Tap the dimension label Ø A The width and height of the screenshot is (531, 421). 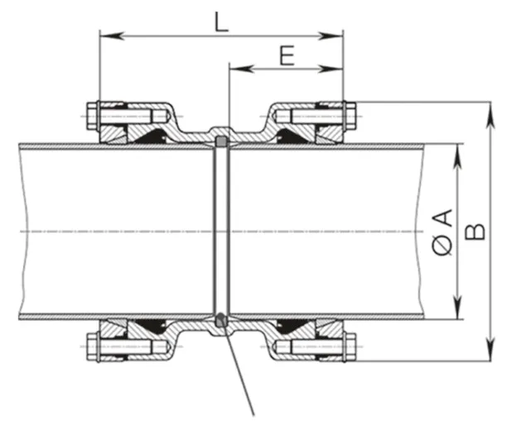click(443, 232)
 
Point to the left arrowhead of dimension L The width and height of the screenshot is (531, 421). click(105, 36)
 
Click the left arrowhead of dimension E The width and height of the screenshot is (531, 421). click(234, 69)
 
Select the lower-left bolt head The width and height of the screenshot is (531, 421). click(90, 345)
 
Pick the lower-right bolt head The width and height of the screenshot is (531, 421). click(350, 345)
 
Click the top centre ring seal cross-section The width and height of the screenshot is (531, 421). click(221, 141)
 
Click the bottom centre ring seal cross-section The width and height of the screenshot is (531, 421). click(221, 319)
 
